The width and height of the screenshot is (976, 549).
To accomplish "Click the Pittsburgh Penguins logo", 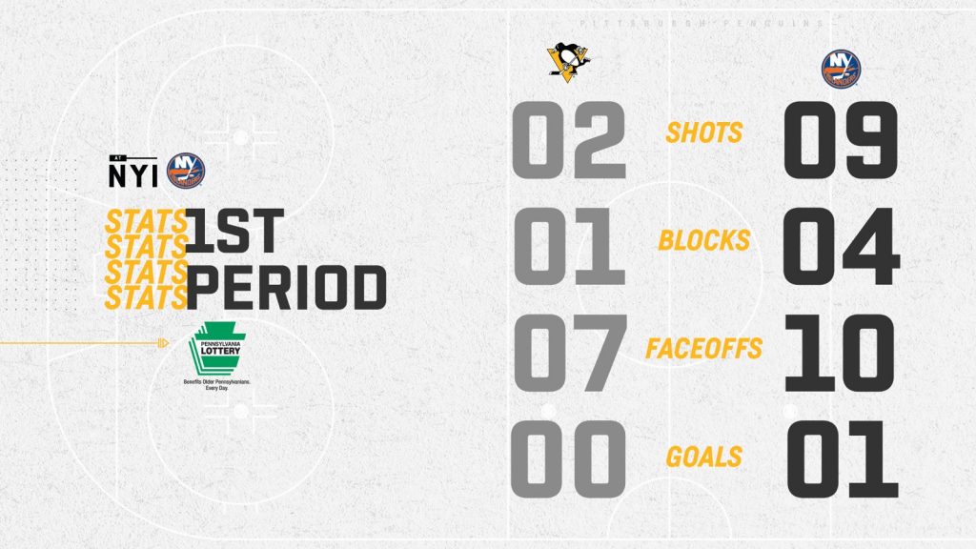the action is (568, 59).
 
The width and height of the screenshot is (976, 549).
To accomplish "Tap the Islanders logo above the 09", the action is (841, 69).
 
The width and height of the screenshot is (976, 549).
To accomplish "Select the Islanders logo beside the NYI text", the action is (186, 171).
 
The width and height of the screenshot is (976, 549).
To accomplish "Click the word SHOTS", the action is (704, 132).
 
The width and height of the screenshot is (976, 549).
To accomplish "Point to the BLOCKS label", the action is (704, 240).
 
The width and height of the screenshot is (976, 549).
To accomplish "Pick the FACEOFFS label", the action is (704, 349).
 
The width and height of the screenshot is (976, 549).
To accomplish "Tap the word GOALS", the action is (704, 457).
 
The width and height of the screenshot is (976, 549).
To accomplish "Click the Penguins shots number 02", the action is (568, 141).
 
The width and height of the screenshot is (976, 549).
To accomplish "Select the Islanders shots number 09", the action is (841, 141).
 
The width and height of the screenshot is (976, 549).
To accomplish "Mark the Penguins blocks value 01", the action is (568, 247).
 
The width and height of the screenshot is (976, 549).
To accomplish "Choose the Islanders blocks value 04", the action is (841, 247).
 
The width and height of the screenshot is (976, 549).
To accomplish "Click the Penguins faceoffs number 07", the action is (570, 353).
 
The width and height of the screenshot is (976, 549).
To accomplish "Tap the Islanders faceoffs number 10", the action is (840, 353).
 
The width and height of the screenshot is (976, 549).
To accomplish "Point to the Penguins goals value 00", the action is (568, 459).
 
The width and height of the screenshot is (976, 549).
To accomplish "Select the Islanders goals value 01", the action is (843, 459).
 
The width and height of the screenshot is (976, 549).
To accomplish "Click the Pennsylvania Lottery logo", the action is (217, 356).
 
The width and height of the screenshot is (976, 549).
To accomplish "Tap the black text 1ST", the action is (234, 231).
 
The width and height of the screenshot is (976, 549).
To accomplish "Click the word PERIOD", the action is (286, 288).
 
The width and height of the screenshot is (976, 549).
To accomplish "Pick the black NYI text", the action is (133, 174).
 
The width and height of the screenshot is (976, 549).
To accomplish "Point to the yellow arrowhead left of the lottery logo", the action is (164, 343).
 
